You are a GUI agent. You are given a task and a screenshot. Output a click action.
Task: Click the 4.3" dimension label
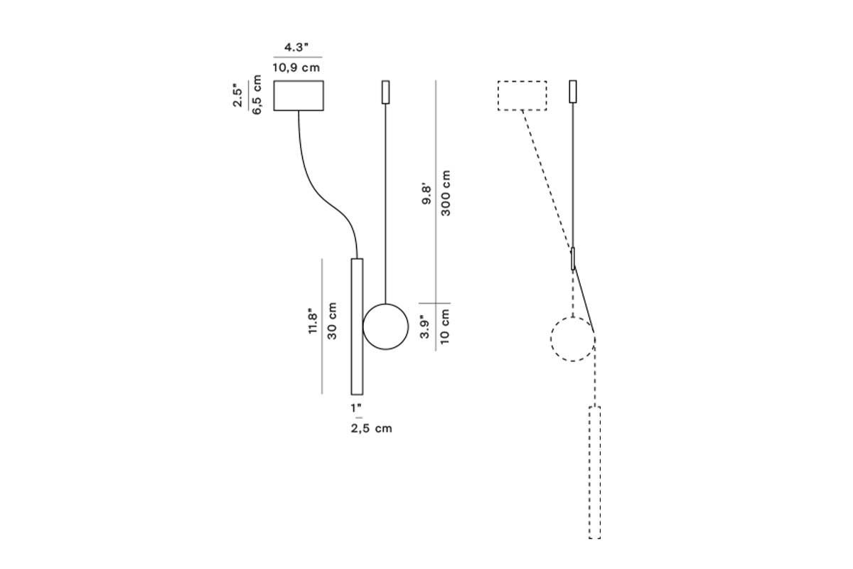(297, 48)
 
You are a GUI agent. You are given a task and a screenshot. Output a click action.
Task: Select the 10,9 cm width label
(296, 68)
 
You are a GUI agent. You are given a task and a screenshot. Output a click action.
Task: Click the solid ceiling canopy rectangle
(299, 95)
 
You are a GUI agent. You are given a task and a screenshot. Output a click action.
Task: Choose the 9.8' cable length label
(426, 195)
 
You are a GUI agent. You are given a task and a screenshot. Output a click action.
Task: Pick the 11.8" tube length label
(313, 321)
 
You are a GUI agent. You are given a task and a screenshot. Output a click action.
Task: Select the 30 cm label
(332, 321)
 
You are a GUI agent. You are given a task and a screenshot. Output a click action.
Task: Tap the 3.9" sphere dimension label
(425, 327)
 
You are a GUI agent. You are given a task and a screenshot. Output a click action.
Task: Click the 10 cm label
(445, 327)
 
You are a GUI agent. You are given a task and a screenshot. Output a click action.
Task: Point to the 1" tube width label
(356, 408)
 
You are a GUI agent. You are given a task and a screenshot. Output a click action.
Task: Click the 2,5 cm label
(371, 428)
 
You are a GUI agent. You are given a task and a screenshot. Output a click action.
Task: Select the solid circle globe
(385, 326)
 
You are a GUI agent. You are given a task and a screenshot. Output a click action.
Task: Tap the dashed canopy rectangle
(522, 95)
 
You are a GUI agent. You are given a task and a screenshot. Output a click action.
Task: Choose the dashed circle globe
(572, 339)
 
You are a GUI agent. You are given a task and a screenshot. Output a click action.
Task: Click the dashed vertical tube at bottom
(594, 472)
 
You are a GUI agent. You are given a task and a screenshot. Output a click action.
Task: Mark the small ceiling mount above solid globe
(386, 92)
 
